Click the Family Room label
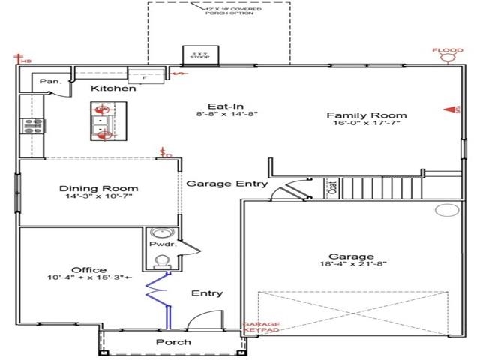(367, 115)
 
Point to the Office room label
(89, 270)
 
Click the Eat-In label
(223, 106)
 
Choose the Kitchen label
(113, 88)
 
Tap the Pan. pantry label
(50, 80)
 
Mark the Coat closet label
(332, 188)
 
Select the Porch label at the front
(172, 342)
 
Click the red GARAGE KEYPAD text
(261, 328)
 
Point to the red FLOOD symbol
(448, 54)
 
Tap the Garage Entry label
(226, 184)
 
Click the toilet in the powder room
(160, 261)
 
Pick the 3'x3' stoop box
(199, 56)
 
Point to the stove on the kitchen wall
(34, 126)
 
